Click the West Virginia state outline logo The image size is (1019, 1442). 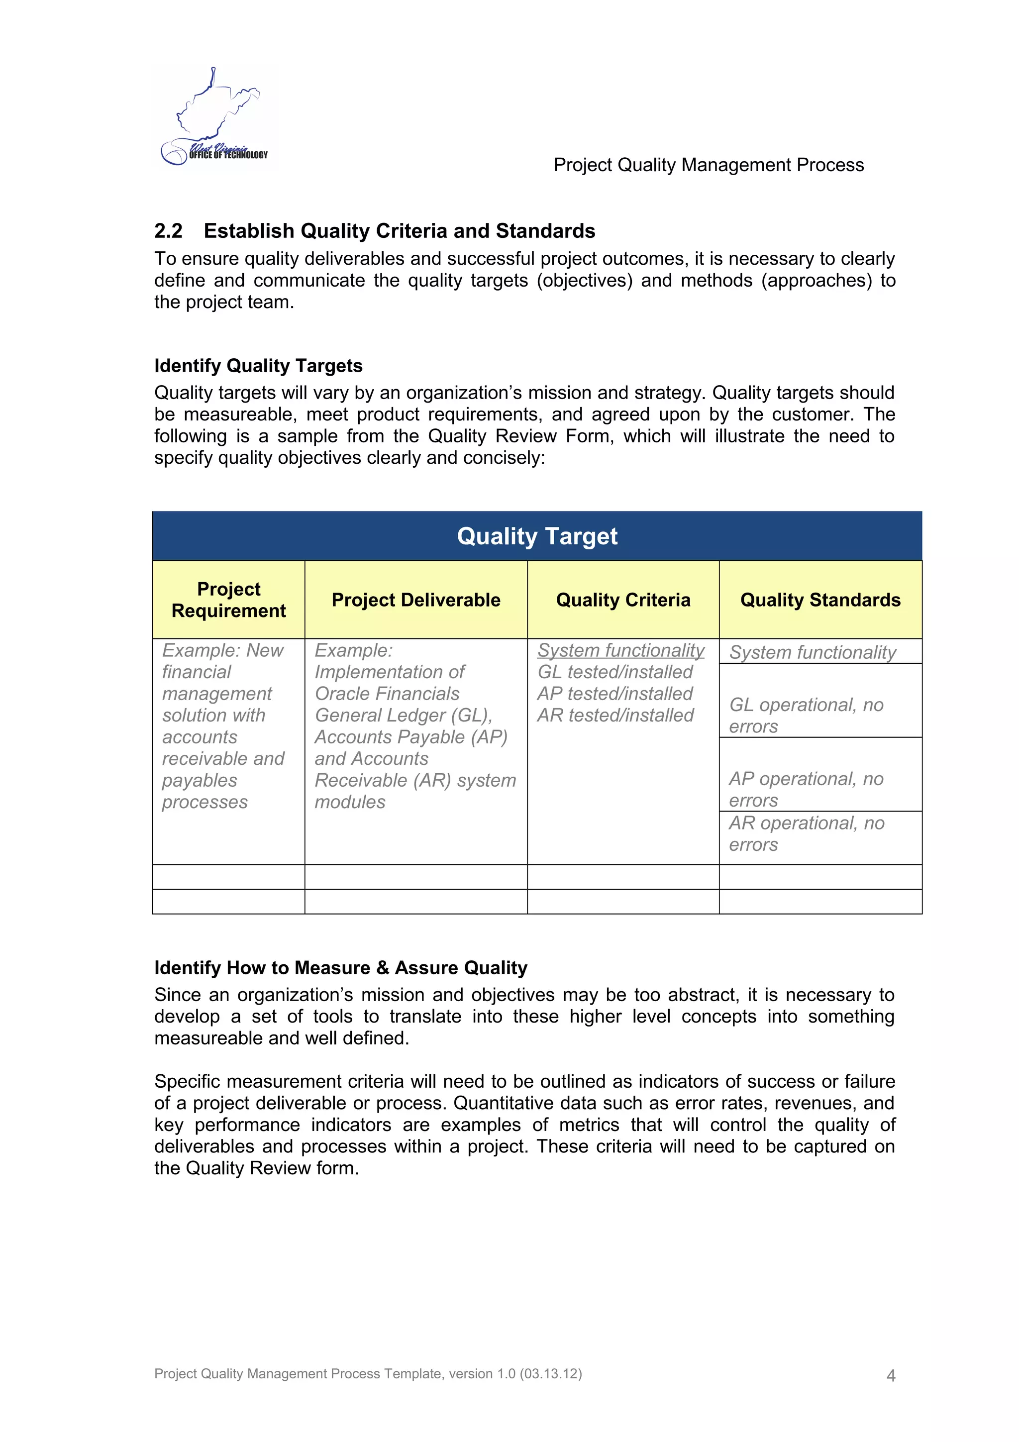click(x=213, y=116)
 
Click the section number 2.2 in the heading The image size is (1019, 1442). click(x=168, y=231)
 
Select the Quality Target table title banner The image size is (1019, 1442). click(x=537, y=536)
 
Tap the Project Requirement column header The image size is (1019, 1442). click(x=228, y=600)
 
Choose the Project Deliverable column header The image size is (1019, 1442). click(x=415, y=600)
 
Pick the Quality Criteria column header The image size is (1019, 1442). click(x=623, y=600)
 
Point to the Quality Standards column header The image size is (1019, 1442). click(x=820, y=600)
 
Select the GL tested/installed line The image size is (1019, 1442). click(x=614, y=672)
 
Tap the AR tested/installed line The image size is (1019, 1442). click(x=614, y=716)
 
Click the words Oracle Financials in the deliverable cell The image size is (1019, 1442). click(x=387, y=694)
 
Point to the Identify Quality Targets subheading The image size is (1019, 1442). click(x=258, y=366)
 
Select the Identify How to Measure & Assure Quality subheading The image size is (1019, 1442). click(x=340, y=968)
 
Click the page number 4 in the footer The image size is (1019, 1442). click(x=890, y=1375)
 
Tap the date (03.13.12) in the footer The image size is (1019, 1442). click(x=551, y=1373)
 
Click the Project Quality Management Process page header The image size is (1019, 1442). click(x=708, y=165)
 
